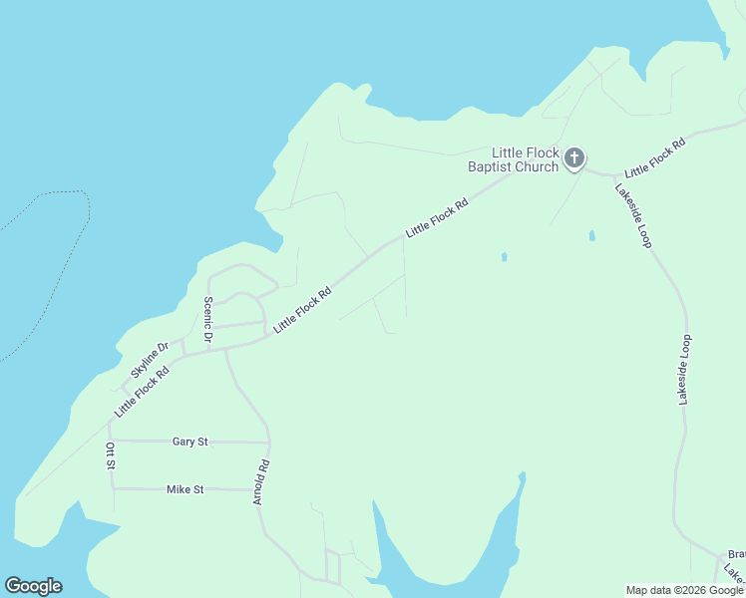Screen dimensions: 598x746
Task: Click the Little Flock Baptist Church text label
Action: [514, 159]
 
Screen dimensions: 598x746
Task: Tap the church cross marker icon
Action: [574, 157]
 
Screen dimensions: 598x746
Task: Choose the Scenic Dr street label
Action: [207, 321]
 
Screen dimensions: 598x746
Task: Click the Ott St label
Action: [111, 456]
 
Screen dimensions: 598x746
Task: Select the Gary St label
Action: [189, 441]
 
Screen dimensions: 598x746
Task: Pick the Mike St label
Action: [185, 489]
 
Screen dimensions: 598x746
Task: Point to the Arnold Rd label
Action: [261, 481]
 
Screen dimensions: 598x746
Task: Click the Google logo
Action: [33, 586]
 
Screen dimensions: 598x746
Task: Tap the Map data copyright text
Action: [683, 590]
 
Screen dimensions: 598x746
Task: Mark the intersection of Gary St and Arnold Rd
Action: [269, 442]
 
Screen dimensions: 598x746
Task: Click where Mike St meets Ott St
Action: [112, 488]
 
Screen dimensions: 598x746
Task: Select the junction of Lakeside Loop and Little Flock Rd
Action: [610, 175]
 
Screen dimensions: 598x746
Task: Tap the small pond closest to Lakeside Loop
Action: [591, 236]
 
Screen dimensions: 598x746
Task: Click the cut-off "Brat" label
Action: [736, 554]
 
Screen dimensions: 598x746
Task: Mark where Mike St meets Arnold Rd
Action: [257, 489]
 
